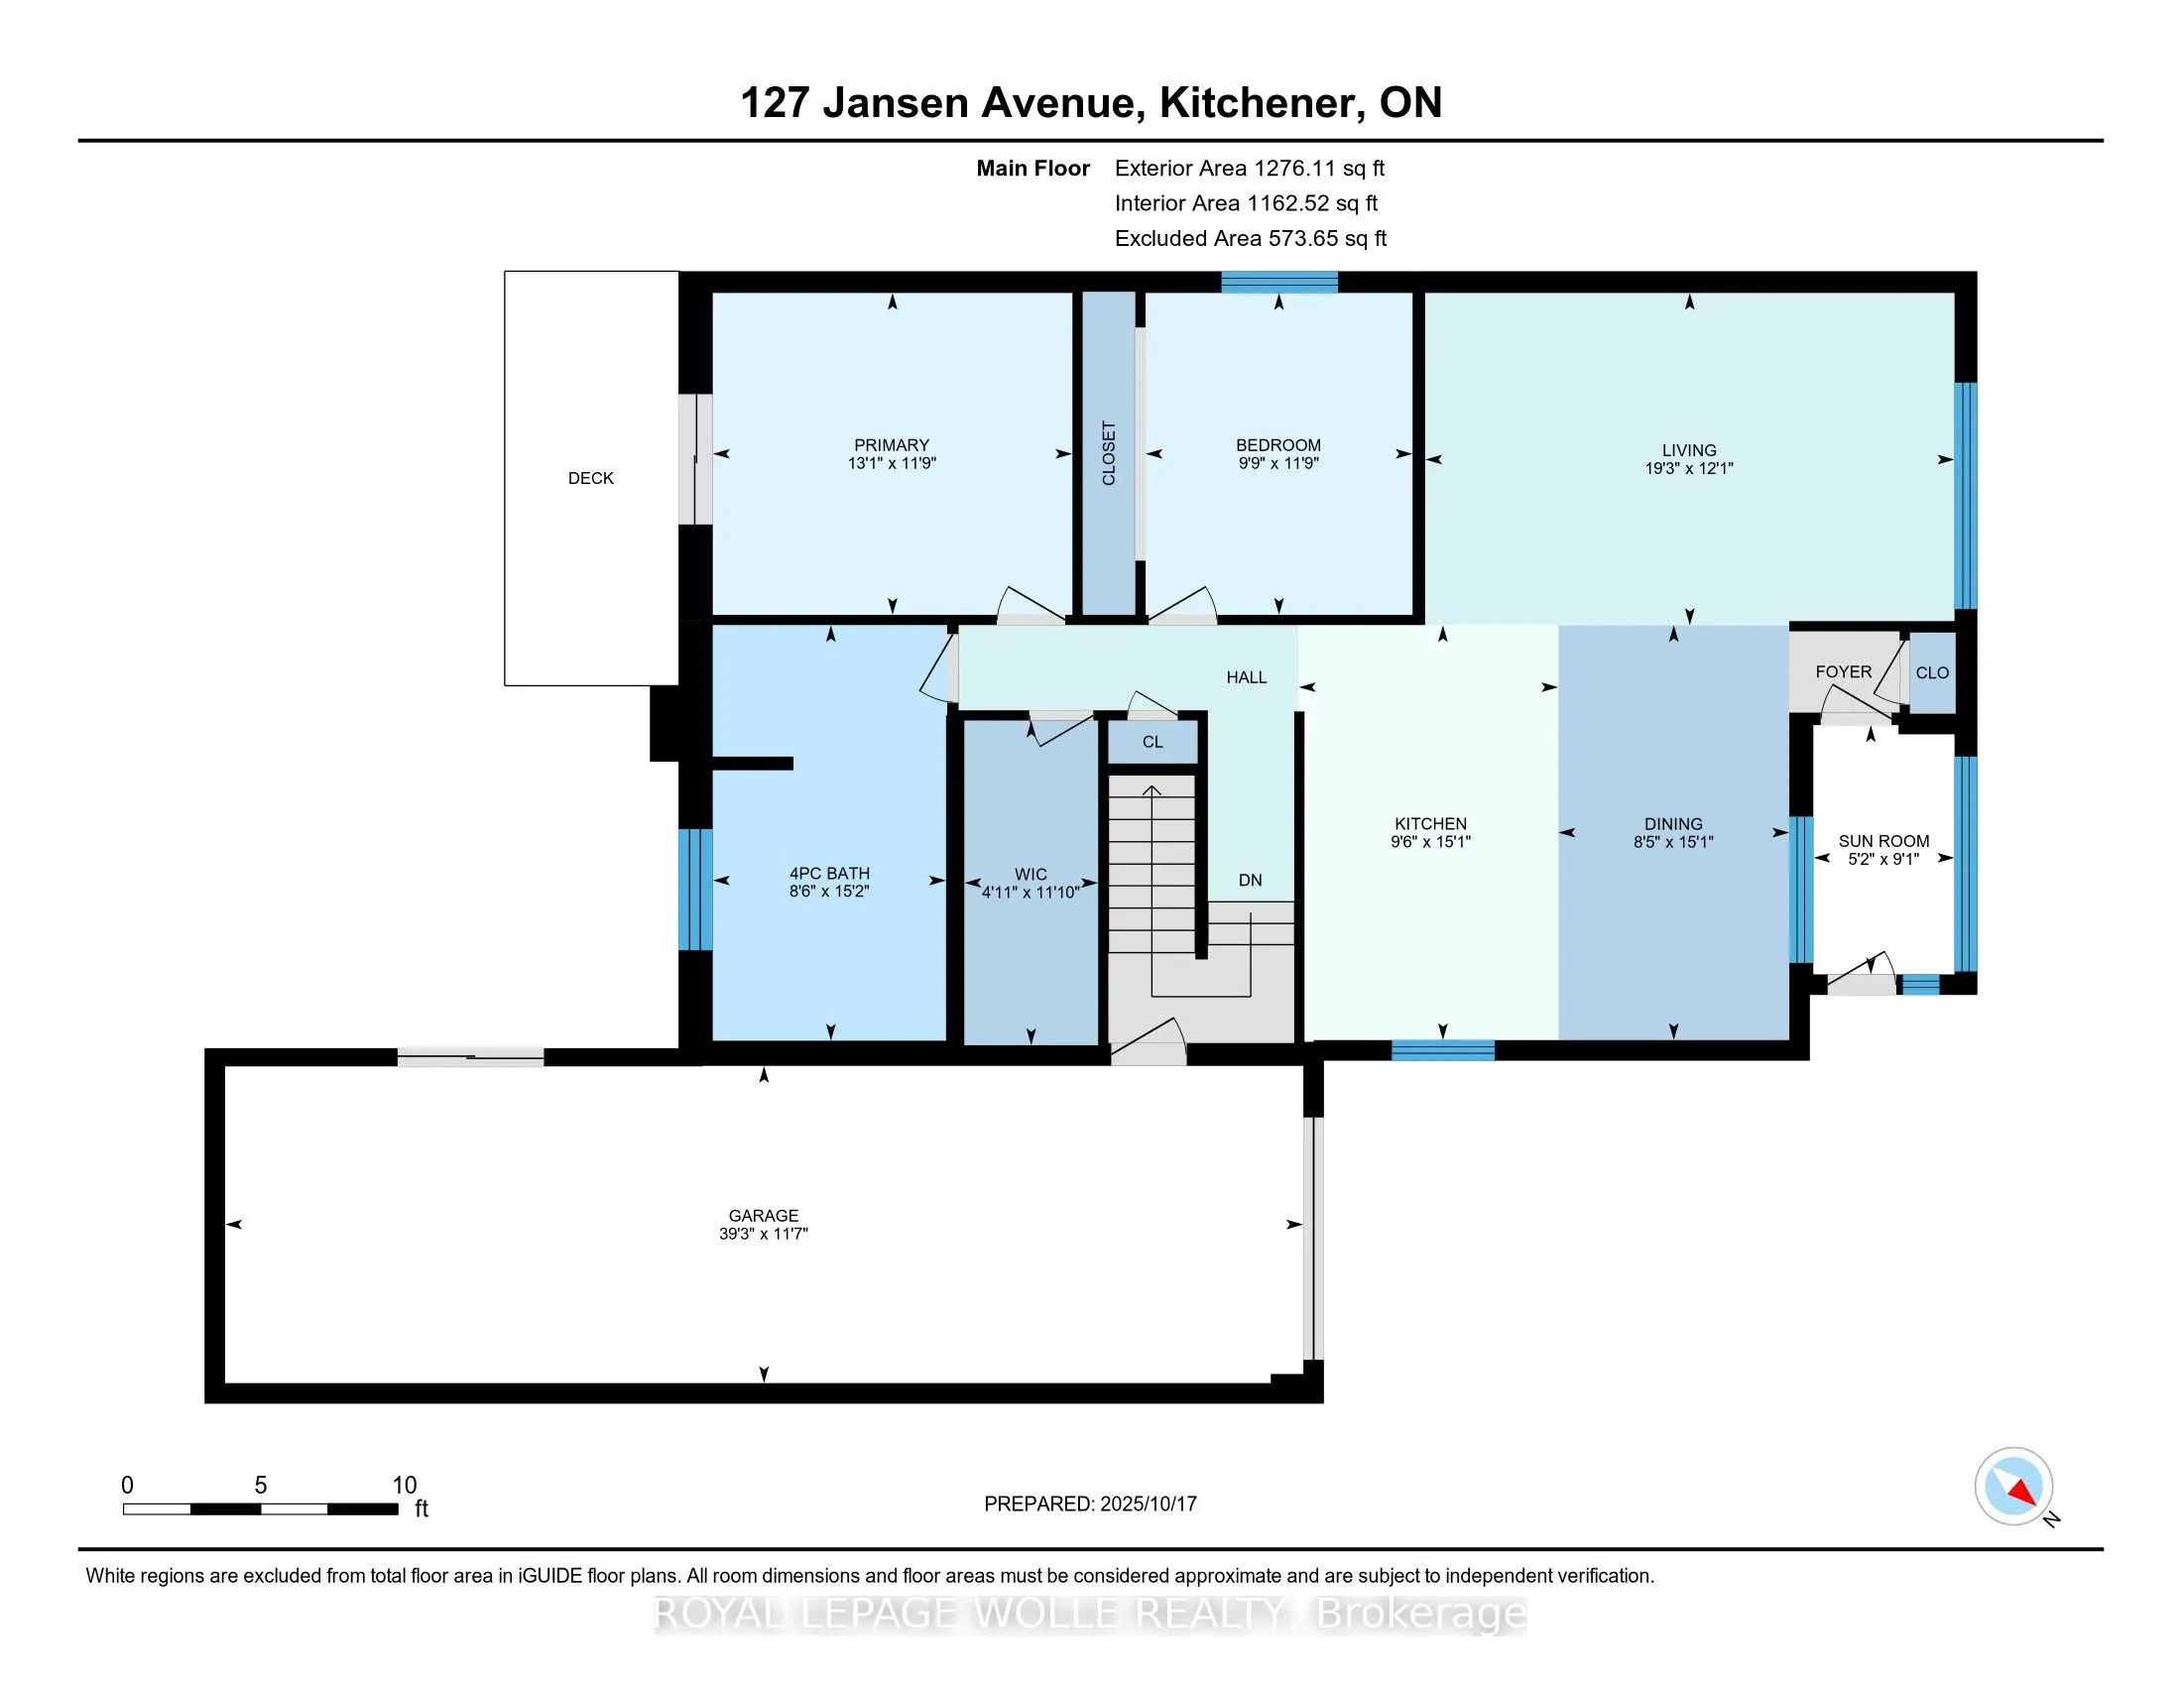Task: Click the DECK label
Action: [590, 478]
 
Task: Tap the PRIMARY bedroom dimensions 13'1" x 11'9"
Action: [892, 463]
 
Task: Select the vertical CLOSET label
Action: [1108, 453]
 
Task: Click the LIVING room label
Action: [1688, 450]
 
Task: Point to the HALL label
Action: [1246, 677]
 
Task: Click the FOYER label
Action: [1844, 672]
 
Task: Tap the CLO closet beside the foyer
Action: [1931, 673]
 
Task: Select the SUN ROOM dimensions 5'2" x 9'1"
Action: [1883, 859]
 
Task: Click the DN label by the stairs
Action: [1250, 880]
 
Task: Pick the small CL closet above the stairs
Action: [1152, 742]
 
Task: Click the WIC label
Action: [1030, 874]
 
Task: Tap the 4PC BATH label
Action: [829, 873]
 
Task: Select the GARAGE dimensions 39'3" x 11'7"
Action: [764, 1234]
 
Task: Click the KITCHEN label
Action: [1429, 823]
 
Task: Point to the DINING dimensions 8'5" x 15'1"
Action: [1672, 842]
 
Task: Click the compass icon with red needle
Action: [2013, 1486]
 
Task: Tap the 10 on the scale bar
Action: [404, 1485]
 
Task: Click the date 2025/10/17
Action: [1147, 1504]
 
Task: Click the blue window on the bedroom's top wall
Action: [1278, 282]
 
